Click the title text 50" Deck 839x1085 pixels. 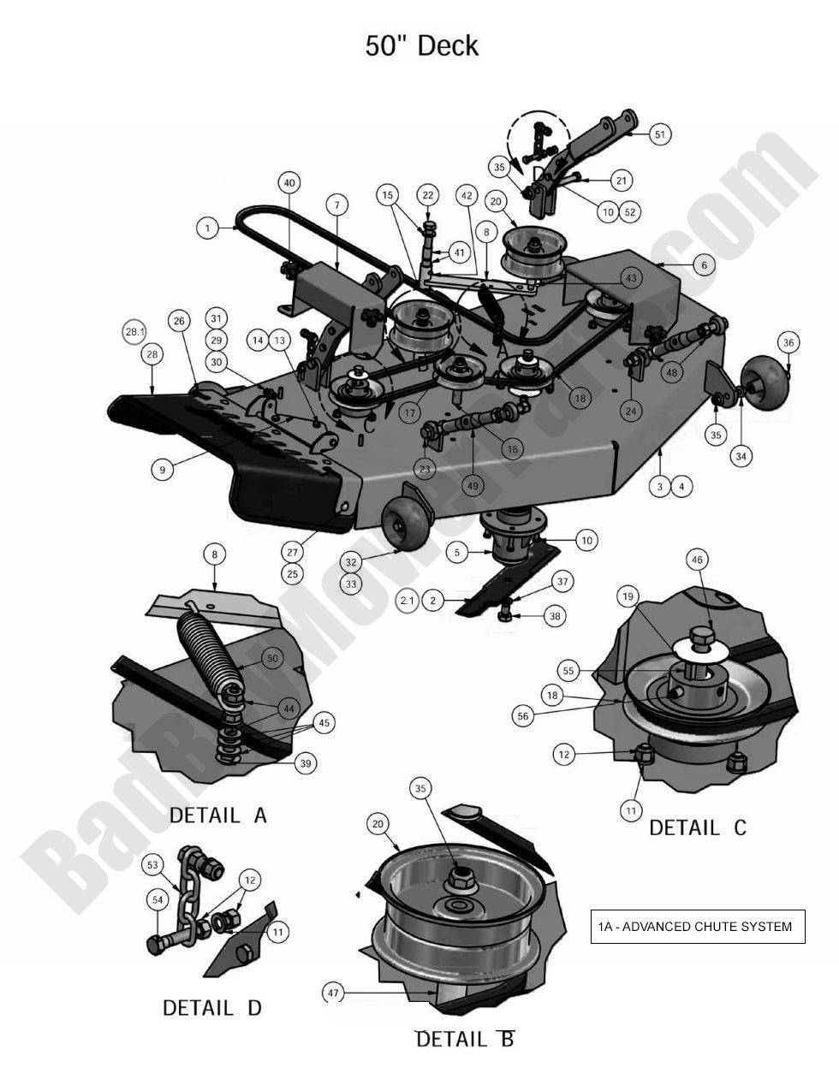(421, 45)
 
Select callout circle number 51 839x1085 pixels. (659, 134)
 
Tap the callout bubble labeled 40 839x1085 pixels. (289, 182)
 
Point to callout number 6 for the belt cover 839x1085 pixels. (704, 265)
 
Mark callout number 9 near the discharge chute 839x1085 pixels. (162, 469)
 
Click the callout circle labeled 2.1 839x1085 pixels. (407, 601)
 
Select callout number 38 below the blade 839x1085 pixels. (556, 615)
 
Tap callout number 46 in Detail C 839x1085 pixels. (697, 560)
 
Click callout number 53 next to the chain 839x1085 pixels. (153, 865)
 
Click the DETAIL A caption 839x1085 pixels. (218, 815)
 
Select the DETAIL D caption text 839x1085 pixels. (212, 1008)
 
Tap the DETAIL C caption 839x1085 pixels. (698, 827)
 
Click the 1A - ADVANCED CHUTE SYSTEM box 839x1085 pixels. (697, 926)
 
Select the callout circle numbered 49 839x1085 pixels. (472, 486)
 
